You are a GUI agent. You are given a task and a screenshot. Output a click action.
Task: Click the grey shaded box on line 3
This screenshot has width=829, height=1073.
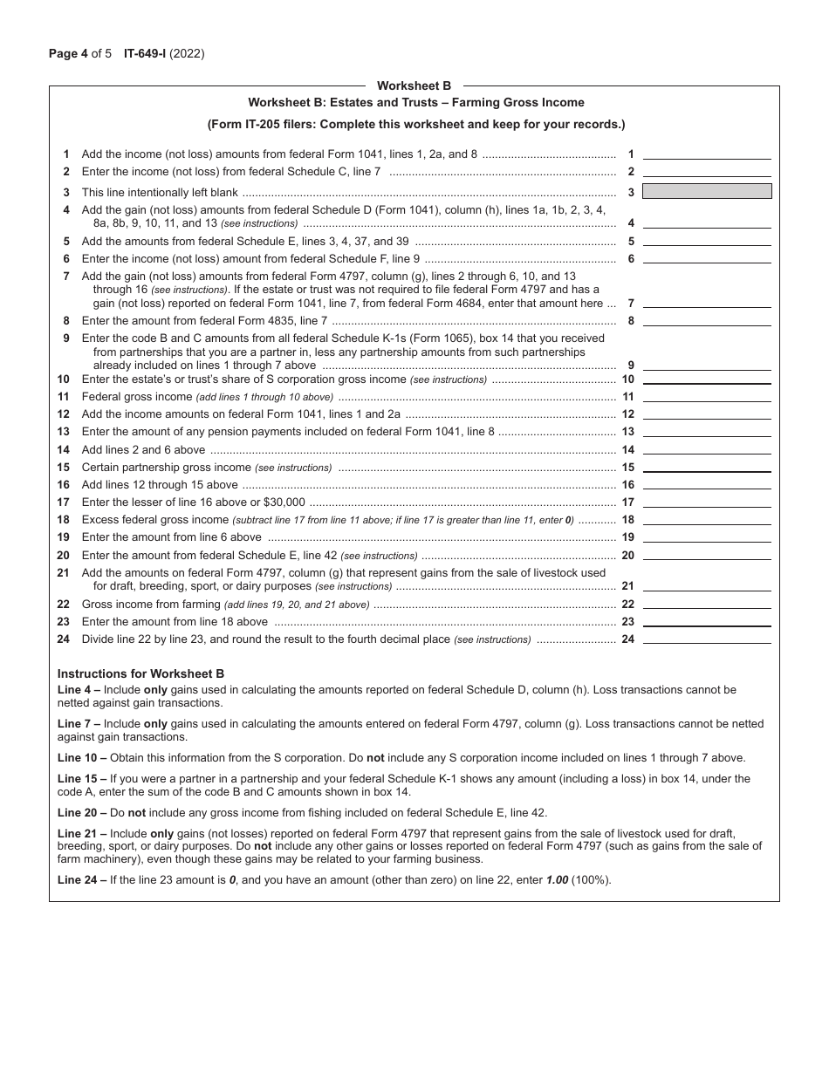click(707, 191)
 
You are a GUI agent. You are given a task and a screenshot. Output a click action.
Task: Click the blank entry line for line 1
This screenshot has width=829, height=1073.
click(707, 154)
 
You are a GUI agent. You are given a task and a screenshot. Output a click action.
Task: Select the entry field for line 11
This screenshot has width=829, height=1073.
click(707, 397)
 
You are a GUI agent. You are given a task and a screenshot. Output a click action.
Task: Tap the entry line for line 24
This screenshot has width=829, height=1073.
click(707, 639)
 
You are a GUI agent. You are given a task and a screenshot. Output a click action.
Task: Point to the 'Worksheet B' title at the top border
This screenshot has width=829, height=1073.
click(414, 85)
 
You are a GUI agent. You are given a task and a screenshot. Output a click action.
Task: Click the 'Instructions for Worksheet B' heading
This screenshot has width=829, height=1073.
click(140, 673)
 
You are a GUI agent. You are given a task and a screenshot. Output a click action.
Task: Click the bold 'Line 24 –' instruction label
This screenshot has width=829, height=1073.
click(82, 879)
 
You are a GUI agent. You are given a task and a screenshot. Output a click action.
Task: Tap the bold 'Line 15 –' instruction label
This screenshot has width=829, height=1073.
click(82, 779)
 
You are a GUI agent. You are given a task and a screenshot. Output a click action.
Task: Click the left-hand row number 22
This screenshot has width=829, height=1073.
click(64, 605)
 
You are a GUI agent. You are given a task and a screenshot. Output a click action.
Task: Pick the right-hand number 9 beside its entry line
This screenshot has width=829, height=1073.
click(630, 366)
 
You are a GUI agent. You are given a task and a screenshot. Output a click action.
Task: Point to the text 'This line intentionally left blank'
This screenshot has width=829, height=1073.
click(160, 192)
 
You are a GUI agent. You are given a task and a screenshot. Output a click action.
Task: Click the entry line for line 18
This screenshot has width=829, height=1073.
click(707, 520)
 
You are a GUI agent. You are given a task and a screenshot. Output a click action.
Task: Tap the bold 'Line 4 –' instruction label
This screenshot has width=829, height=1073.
click(79, 689)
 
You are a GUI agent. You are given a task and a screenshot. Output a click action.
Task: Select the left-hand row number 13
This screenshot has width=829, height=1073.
click(64, 432)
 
